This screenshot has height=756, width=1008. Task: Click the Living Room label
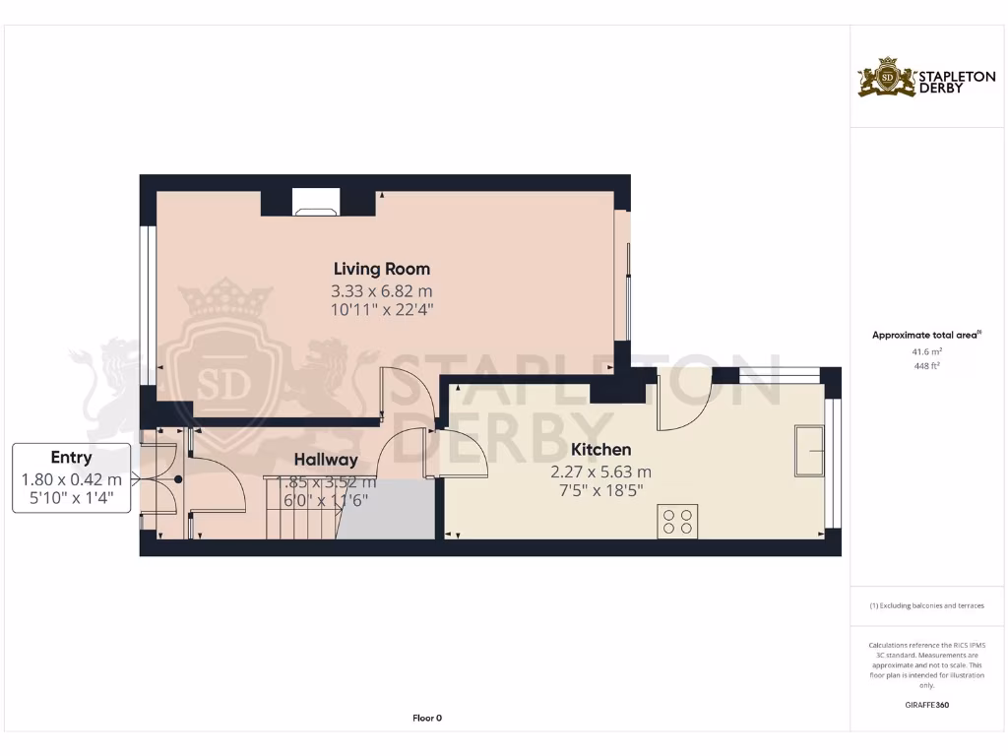(x=382, y=269)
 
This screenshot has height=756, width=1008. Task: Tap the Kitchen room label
(x=600, y=450)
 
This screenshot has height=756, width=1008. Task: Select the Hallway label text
(x=325, y=460)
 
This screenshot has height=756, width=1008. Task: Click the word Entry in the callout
(x=71, y=458)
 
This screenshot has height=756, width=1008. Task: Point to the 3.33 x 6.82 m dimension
(x=382, y=291)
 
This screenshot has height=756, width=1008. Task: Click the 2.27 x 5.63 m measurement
(x=600, y=472)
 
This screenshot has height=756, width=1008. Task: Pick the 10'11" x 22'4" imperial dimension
(x=382, y=310)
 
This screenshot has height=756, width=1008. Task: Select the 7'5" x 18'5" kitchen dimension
(x=600, y=490)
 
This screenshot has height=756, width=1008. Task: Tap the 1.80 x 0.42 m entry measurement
(x=72, y=479)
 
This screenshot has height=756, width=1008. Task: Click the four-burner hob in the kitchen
(x=677, y=520)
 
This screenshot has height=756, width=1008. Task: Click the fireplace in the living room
(x=315, y=203)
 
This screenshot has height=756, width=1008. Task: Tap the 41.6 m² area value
(x=926, y=350)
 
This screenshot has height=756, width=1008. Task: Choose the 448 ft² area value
(x=926, y=365)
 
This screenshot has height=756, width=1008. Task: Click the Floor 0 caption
(x=427, y=719)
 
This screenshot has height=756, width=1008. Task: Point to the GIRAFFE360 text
(x=926, y=705)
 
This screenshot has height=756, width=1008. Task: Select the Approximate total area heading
(x=925, y=336)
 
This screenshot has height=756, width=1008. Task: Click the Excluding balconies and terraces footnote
(x=926, y=605)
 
